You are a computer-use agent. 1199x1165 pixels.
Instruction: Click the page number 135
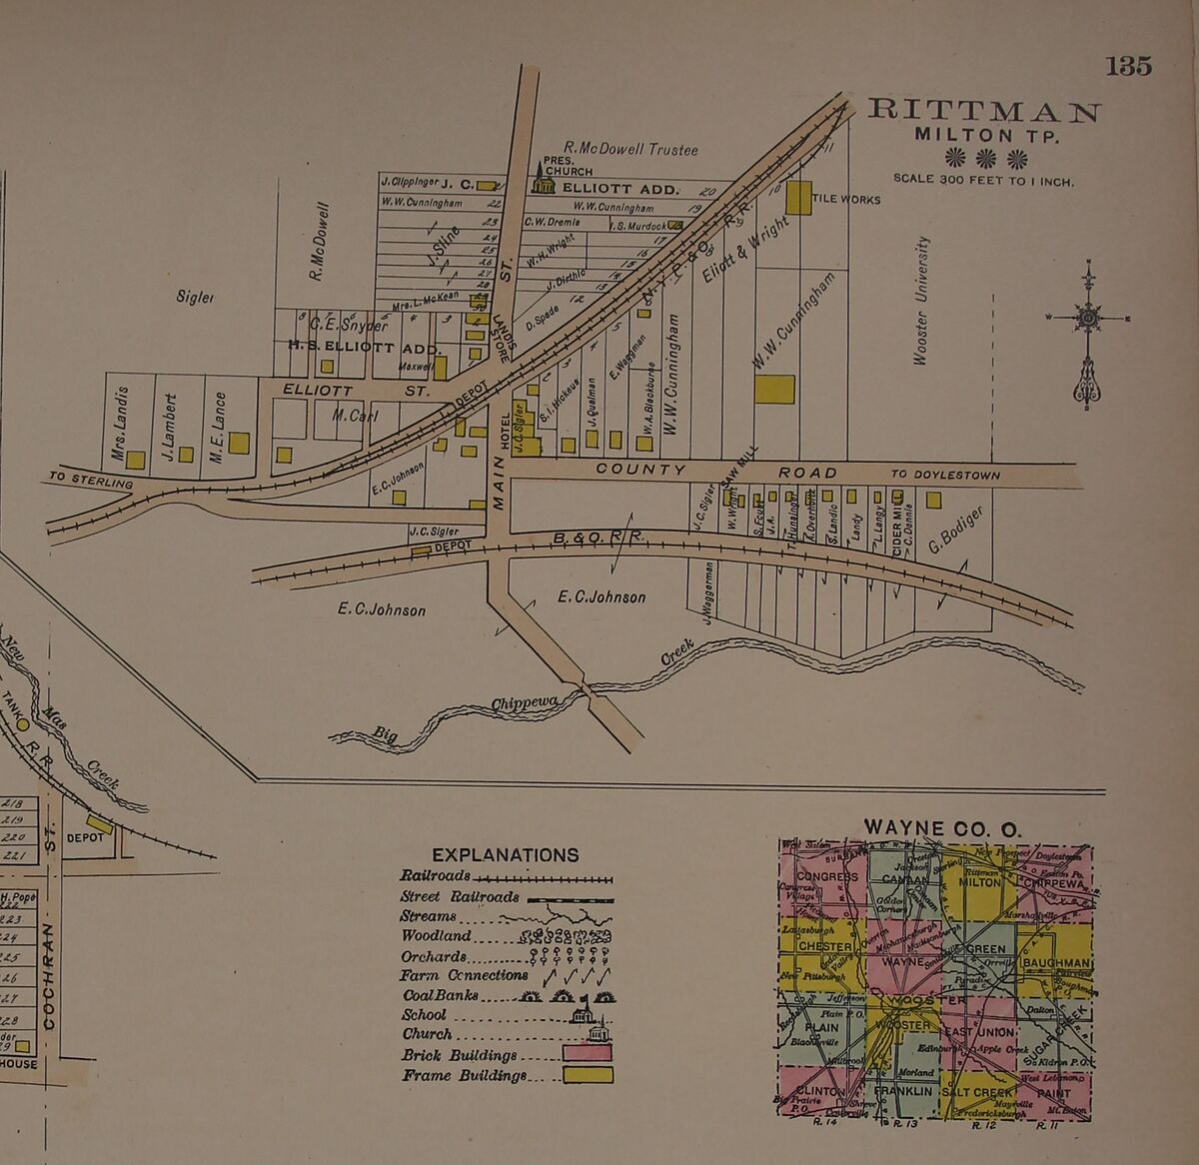tap(1128, 66)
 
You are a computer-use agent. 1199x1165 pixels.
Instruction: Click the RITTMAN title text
tap(983, 111)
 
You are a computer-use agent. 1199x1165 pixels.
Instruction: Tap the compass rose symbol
tap(1088, 319)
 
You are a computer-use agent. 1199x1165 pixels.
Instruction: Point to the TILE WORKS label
tap(845, 200)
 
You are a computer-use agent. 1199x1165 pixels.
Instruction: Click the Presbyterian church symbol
tap(543, 179)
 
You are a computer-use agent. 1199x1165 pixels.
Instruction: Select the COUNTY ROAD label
tap(715, 471)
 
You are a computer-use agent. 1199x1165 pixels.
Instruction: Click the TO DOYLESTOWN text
tap(944, 476)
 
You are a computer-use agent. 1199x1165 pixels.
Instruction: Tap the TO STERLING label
tap(91, 481)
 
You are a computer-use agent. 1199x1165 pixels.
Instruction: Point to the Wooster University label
tap(921, 300)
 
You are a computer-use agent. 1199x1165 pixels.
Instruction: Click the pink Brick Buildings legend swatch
tap(587, 1053)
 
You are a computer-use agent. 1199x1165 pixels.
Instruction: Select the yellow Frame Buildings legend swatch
tap(587, 1075)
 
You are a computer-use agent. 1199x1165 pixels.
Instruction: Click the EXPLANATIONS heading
tap(505, 855)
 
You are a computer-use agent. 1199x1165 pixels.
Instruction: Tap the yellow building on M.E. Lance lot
tap(238, 443)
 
